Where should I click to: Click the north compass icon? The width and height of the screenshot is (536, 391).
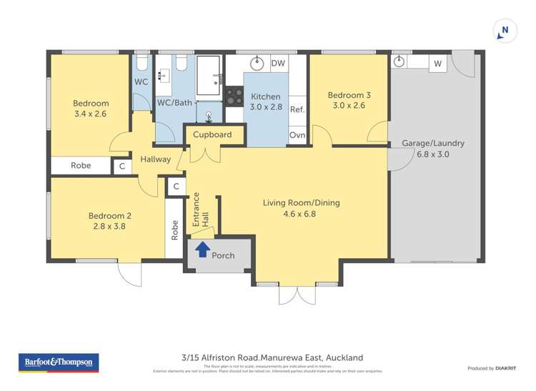[x=505, y=31]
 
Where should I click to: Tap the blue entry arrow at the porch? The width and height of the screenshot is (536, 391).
[x=202, y=249]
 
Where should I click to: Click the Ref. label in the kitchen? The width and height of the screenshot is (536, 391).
[x=297, y=109]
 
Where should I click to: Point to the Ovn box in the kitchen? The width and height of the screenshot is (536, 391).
[x=297, y=135]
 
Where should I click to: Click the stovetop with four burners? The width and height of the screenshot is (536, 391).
[x=234, y=96]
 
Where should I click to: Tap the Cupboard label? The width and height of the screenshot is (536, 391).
[x=212, y=134]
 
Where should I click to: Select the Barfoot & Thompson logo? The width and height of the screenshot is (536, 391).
[x=59, y=362]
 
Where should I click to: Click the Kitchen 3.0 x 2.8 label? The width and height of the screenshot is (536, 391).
[x=266, y=102]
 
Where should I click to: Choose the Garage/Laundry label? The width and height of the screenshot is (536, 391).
[x=433, y=148]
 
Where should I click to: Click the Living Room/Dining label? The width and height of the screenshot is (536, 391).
[x=301, y=208]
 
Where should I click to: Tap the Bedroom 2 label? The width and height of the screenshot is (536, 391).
[x=110, y=221]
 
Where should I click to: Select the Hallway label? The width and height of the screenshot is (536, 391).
[x=155, y=159]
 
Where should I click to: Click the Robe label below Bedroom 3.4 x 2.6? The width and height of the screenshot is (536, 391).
[x=81, y=166]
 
